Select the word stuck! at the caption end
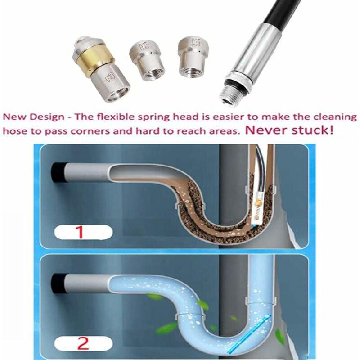(314, 131)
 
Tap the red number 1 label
(80, 232)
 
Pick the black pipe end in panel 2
(58, 282)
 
